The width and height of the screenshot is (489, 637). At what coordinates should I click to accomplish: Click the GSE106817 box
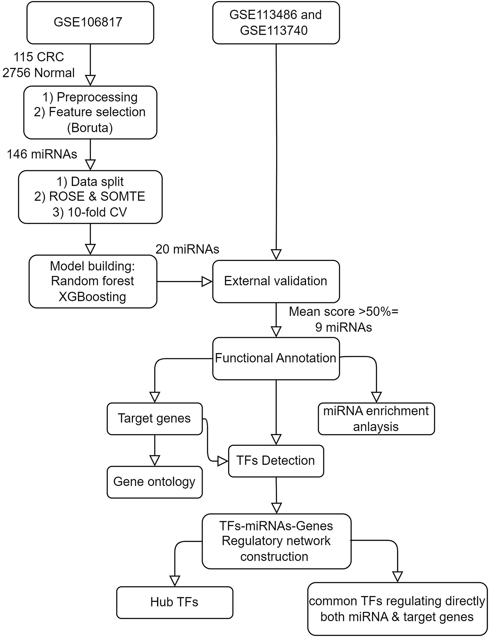pyautogui.click(x=90, y=22)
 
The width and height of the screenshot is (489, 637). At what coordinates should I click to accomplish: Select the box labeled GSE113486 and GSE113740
pyautogui.click(x=276, y=23)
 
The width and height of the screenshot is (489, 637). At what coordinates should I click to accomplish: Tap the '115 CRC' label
pyautogui.click(x=39, y=57)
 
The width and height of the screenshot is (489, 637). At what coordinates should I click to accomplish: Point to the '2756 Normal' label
pyautogui.click(x=39, y=73)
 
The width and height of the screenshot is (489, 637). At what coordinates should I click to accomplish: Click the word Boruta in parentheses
pyautogui.click(x=90, y=128)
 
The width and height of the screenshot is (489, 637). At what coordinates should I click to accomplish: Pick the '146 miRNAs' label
pyautogui.click(x=42, y=154)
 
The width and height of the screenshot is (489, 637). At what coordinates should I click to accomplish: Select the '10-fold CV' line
pyautogui.click(x=90, y=212)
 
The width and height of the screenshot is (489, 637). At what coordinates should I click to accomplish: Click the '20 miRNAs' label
pyautogui.click(x=187, y=249)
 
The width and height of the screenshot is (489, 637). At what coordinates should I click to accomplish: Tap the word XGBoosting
pyautogui.click(x=92, y=296)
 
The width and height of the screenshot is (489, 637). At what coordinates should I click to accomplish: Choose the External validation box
pyautogui.click(x=276, y=281)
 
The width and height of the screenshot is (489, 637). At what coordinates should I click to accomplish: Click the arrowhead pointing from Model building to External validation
pyautogui.click(x=206, y=282)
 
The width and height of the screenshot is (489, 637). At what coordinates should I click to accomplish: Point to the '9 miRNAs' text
pyautogui.click(x=344, y=327)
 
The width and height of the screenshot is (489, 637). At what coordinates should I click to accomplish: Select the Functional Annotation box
pyautogui.click(x=276, y=358)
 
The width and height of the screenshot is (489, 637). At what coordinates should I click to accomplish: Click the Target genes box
pyautogui.click(x=154, y=418)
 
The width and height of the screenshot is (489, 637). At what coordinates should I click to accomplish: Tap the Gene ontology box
pyautogui.click(x=154, y=482)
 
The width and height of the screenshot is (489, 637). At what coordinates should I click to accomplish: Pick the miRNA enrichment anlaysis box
pyautogui.click(x=376, y=419)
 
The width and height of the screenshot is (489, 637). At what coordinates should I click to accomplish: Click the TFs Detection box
pyautogui.click(x=276, y=461)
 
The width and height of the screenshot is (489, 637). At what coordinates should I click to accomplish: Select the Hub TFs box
pyautogui.click(x=174, y=602)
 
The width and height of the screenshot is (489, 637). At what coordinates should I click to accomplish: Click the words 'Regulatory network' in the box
pyautogui.click(x=276, y=541)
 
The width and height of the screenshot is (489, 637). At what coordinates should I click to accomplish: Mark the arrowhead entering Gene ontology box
pyautogui.click(x=155, y=461)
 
